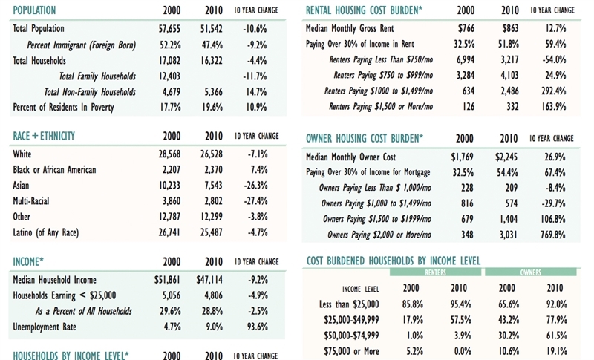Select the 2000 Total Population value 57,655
pyautogui.click(x=169, y=28)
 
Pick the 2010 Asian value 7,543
pyautogui.click(x=214, y=186)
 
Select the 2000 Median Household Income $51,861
pyautogui.click(x=169, y=280)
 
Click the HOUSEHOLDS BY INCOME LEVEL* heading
pyautogui.click(x=72, y=354)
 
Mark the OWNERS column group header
pyautogui.click(x=530, y=273)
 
